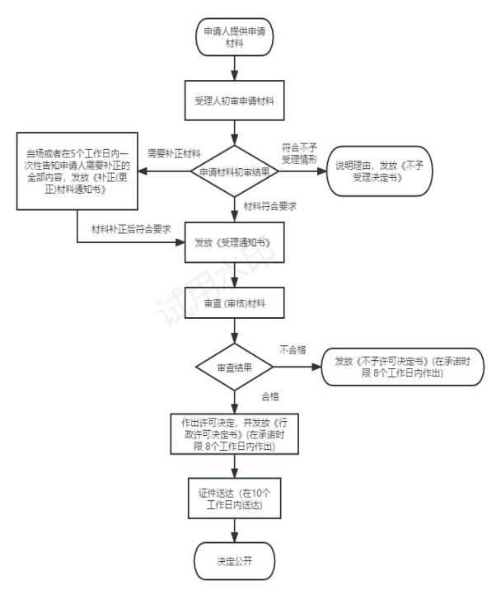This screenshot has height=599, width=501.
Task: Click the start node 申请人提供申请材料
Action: (x=234, y=38)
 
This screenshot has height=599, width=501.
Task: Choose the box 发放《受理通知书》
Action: (x=234, y=243)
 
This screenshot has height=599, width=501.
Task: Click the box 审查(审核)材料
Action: (x=234, y=304)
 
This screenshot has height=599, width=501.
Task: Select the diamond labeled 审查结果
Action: (x=234, y=367)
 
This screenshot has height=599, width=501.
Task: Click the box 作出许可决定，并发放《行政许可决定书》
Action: (x=234, y=433)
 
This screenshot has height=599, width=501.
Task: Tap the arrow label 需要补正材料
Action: (x=174, y=153)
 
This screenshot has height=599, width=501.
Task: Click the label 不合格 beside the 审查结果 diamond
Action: (x=293, y=349)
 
